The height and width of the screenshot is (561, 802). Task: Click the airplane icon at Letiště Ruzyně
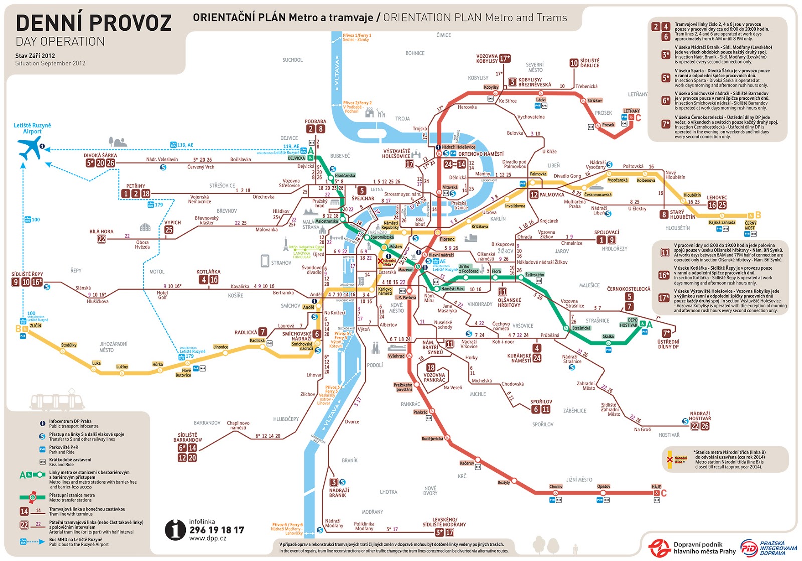(30, 148)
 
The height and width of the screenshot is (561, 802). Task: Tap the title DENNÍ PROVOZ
(94, 23)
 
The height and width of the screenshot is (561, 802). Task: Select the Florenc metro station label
(447, 239)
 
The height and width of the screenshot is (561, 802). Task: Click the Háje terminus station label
(656, 487)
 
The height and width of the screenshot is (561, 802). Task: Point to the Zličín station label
(35, 326)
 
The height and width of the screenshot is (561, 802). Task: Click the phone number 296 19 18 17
(217, 530)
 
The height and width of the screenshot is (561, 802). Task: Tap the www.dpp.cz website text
(208, 539)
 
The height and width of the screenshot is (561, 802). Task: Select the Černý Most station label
(750, 225)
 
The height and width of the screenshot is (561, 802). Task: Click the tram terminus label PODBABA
(315, 122)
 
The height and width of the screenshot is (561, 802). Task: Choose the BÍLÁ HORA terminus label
(101, 232)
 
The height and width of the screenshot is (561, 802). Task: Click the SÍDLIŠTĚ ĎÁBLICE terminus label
(590, 63)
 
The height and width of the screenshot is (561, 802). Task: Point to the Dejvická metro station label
(296, 158)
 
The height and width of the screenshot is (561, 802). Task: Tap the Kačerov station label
(467, 463)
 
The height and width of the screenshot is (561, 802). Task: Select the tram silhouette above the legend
(58, 402)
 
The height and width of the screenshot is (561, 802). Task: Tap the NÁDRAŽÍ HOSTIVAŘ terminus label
(700, 416)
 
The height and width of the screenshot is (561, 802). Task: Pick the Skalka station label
(608, 337)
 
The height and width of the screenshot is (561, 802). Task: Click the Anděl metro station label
(309, 307)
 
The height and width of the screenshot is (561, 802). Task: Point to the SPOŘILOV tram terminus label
(541, 402)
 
